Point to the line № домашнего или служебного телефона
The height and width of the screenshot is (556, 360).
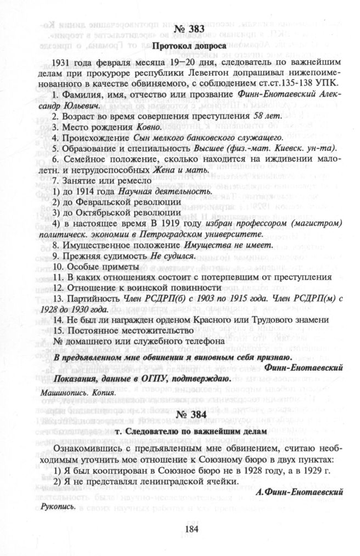click(x=139, y=341)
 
